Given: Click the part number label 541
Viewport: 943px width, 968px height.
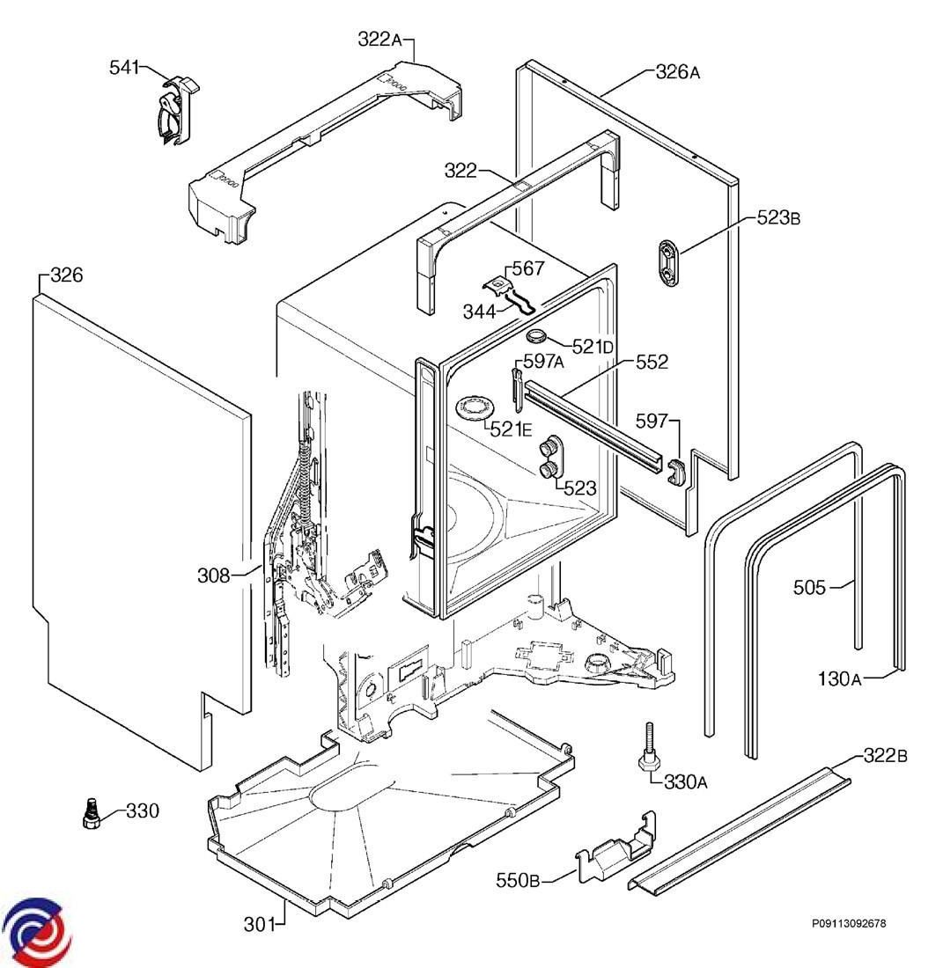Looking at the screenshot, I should point(124,67).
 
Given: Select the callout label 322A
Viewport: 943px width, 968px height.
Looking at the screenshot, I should point(379,39).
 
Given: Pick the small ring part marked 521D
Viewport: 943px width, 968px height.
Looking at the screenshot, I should point(536,336).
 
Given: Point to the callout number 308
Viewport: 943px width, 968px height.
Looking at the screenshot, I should point(213,576).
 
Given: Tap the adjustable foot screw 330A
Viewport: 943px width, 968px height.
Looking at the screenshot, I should point(649,751).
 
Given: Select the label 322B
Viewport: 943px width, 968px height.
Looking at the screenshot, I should point(885,755).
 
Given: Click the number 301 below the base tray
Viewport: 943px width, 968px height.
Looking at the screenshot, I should point(260,924).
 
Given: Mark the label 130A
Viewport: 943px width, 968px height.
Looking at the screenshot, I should point(838,678).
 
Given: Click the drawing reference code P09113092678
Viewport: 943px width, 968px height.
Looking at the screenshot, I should point(849,923).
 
